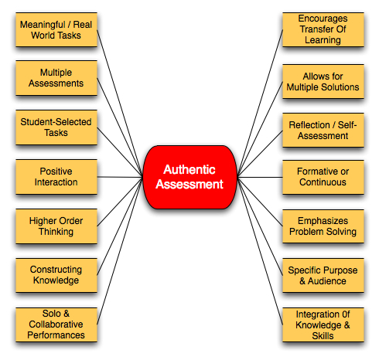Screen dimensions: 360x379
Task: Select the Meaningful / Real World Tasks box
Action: [x=56, y=29]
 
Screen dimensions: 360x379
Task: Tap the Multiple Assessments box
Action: [x=56, y=77]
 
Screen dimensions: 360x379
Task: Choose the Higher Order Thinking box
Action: [x=56, y=225]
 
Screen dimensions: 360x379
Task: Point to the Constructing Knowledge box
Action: [x=56, y=274]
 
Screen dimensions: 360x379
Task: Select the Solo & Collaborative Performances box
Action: [x=56, y=324]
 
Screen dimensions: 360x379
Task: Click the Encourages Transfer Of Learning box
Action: [x=323, y=29]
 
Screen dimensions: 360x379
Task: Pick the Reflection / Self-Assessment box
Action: [x=323, y=129]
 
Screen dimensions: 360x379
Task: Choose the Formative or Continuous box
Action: [x=323, y=176]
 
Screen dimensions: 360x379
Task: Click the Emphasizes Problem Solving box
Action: [x=323, y=225]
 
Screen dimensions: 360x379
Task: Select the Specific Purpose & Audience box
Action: [x=323, y=276]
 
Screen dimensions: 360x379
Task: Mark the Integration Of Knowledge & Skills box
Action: [x=323, y=324]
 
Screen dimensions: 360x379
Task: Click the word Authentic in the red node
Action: [x=190, y=169]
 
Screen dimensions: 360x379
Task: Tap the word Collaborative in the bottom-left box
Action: [x=56, y=324]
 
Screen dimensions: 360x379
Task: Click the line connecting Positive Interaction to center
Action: [x=120, y=176]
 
